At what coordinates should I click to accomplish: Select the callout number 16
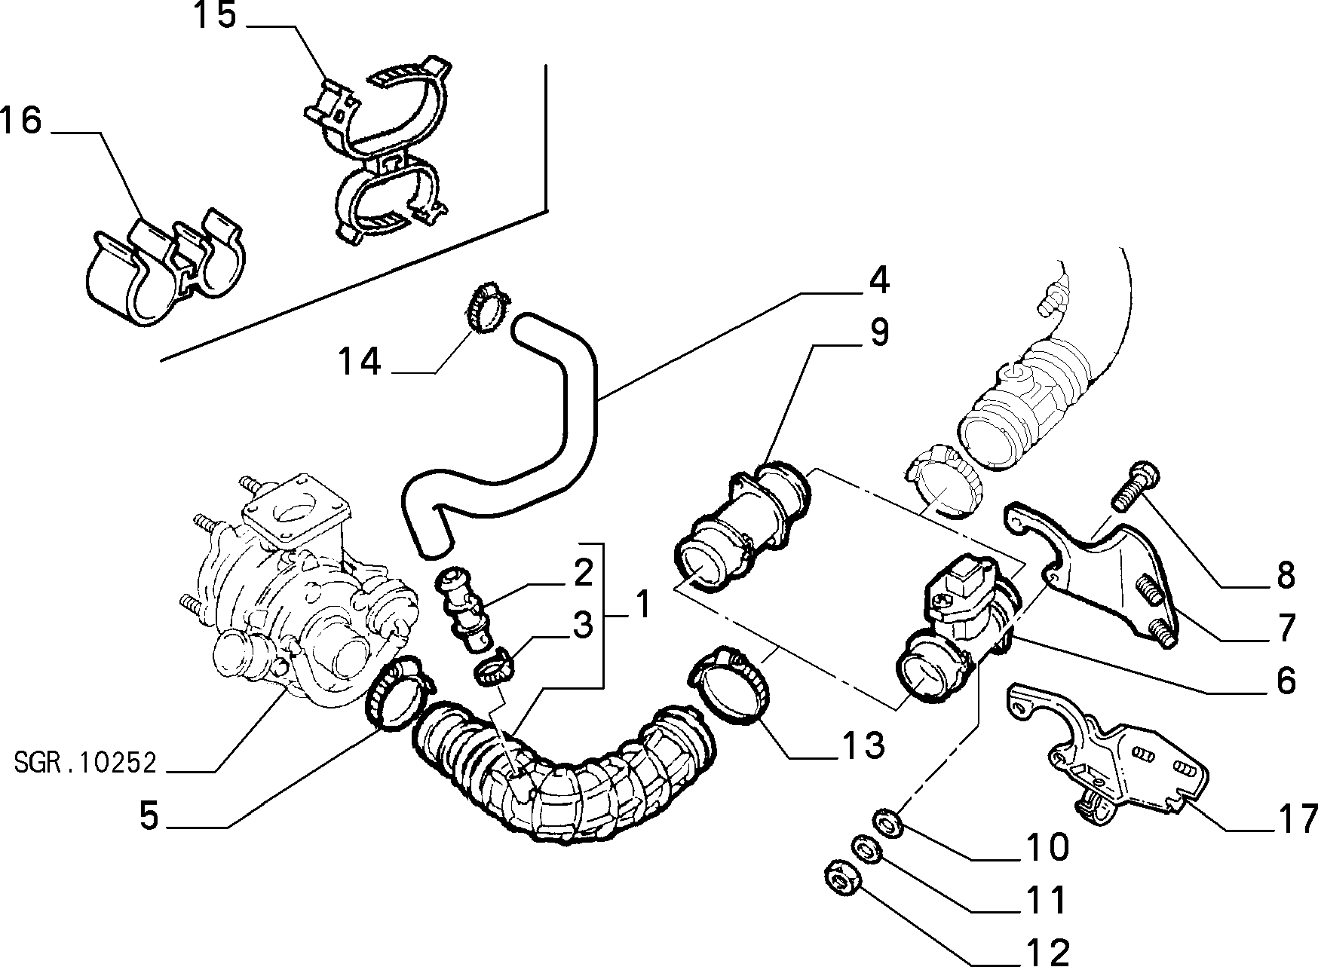(x=20, y=121)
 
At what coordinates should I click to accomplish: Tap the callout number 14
(x=359, y=362)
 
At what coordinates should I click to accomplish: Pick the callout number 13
(x=863, y=746)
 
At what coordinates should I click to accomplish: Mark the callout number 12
(x=1047, y=951)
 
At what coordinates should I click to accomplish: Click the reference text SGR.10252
(x=85, y=764)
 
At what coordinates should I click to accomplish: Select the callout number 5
(x=149, y=816)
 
